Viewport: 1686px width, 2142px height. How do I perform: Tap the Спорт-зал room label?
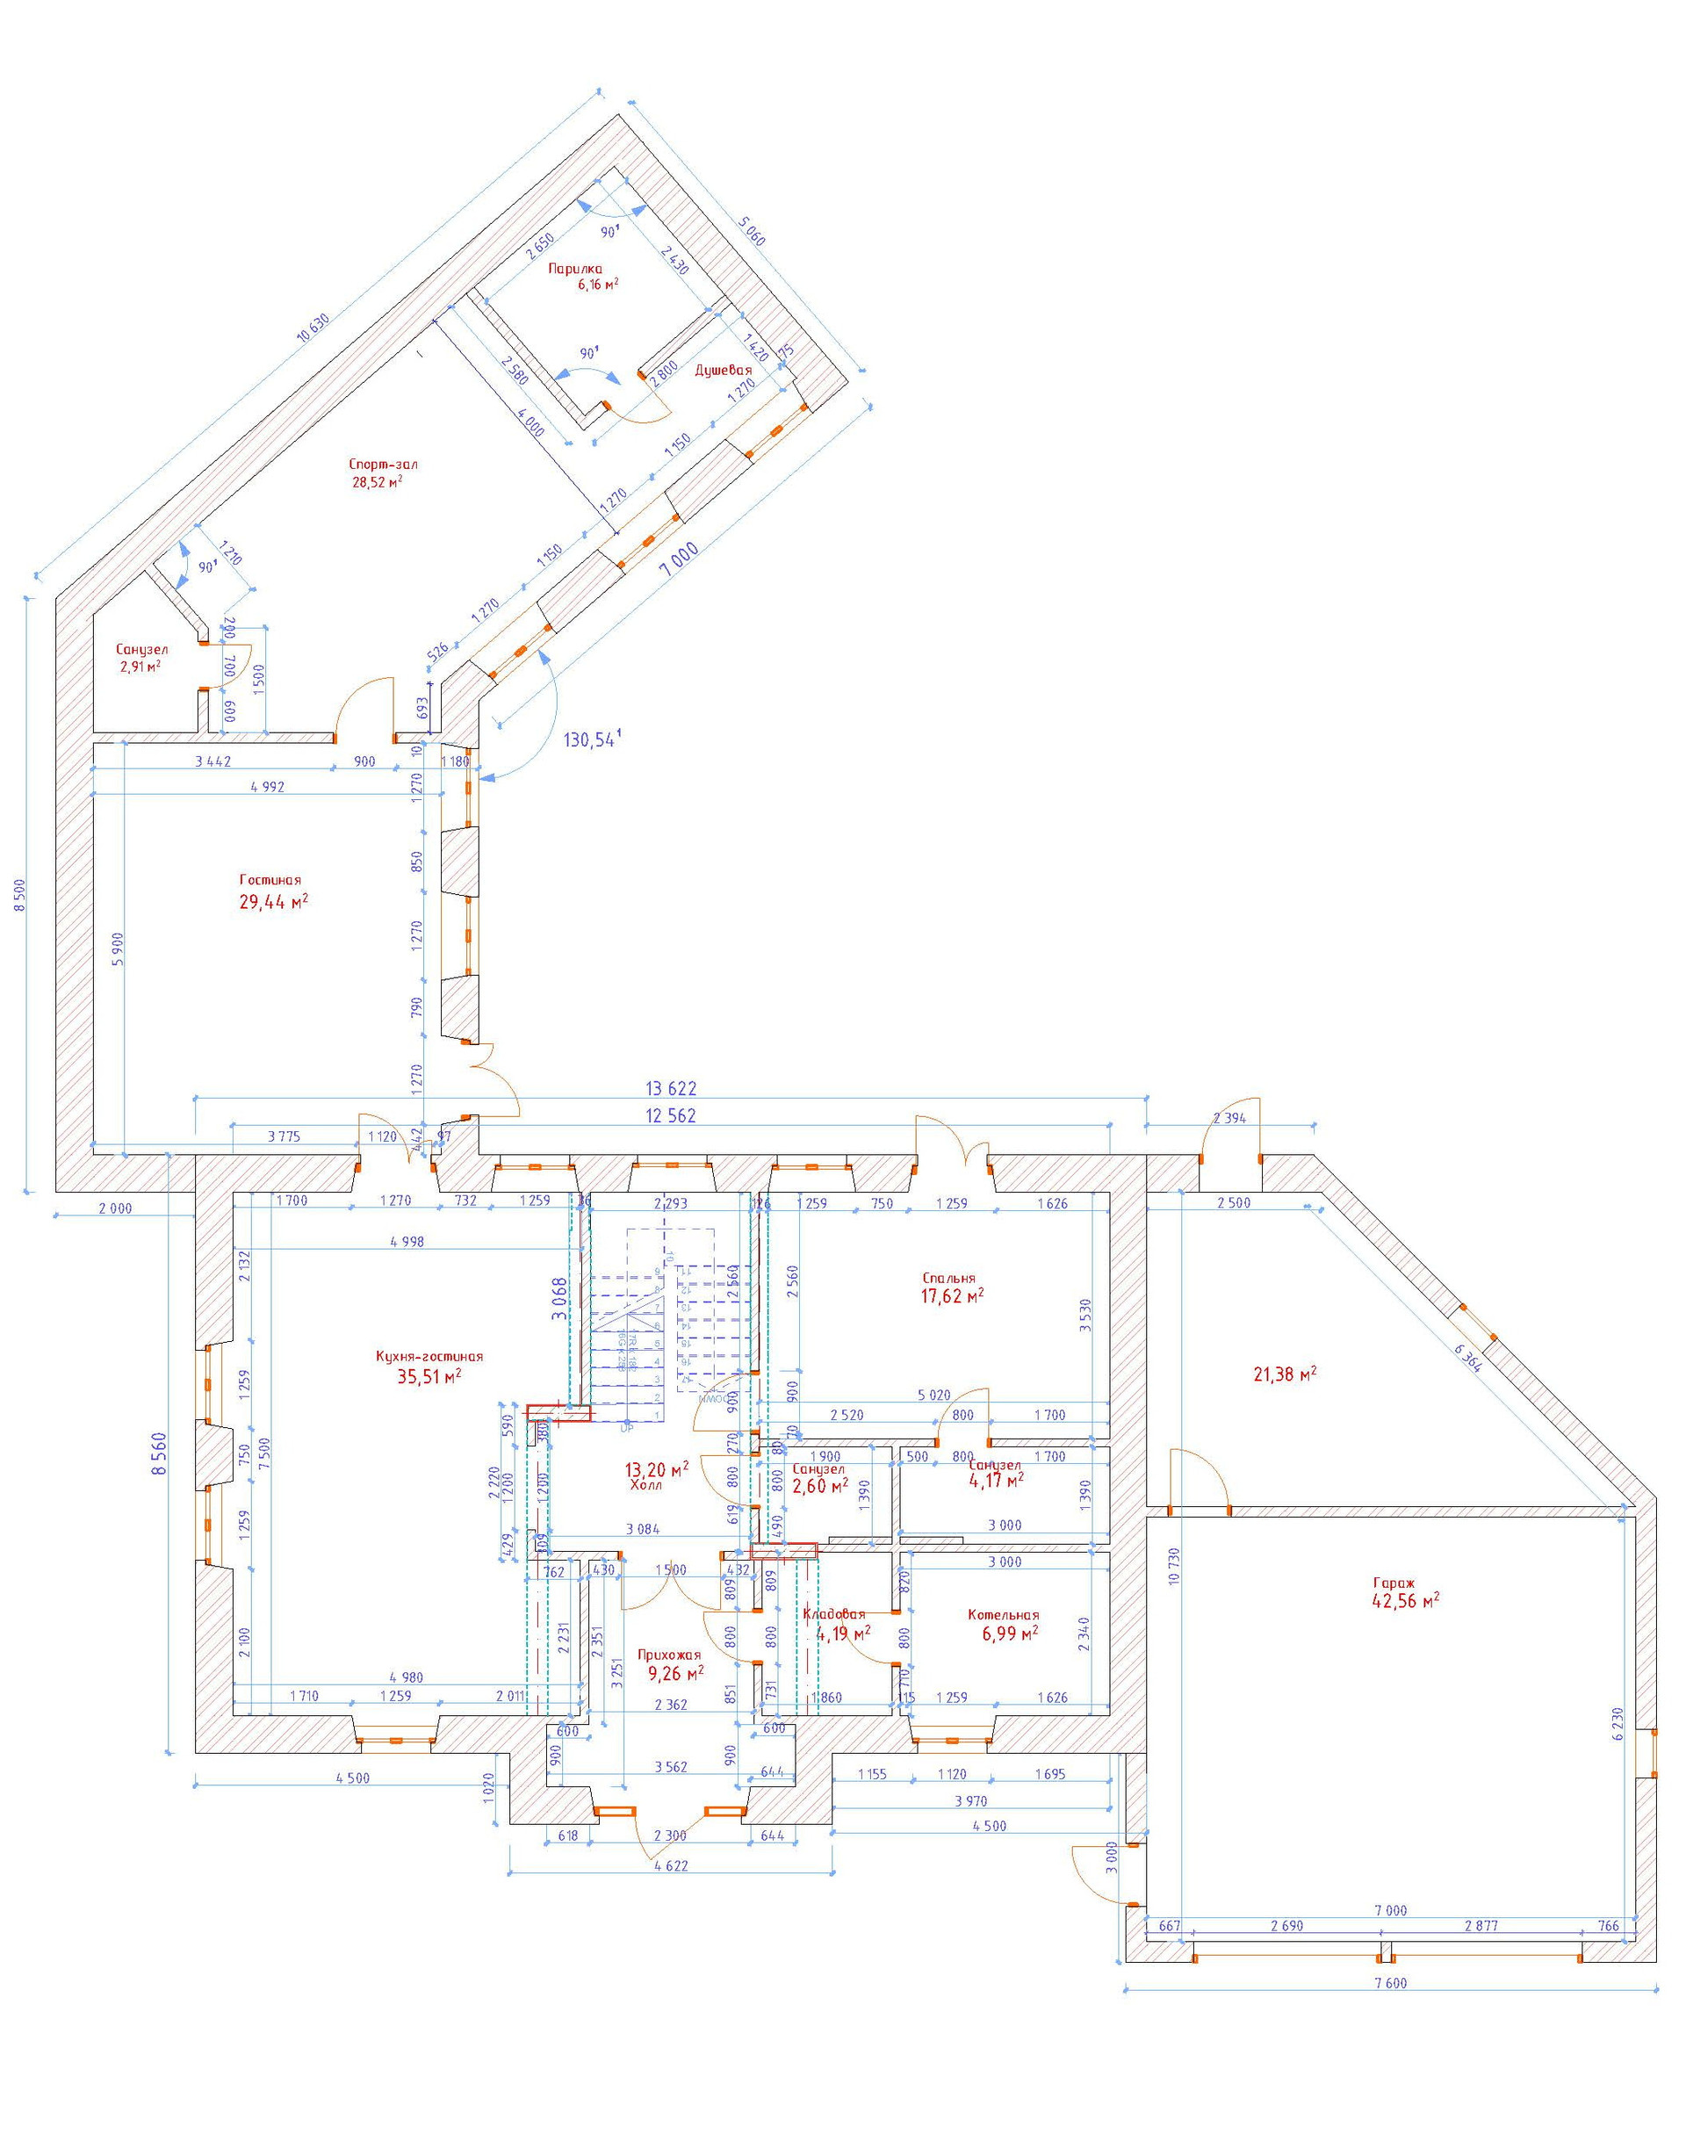click(x=376, y=464)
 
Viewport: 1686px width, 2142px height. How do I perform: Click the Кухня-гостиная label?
click(x=429, y=1356)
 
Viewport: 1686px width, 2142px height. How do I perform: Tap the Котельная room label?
click(x=1003, y=1615)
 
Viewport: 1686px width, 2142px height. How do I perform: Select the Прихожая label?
click(x=669, y=1655)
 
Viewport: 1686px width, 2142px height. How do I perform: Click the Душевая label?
click(x=724, y=370)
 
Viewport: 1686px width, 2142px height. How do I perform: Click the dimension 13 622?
click(x=671, y=1089)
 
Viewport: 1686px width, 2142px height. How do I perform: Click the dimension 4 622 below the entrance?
click(x=670, y=1865)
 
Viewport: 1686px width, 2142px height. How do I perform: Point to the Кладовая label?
click(x=834, y=1614)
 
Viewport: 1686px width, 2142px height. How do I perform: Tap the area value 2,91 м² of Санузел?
click(x=140, y=667)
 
